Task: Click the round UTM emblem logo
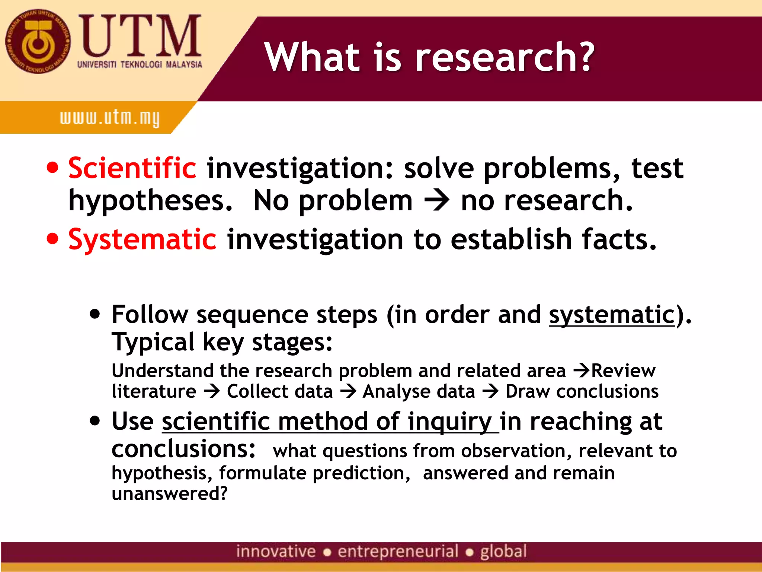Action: [38, 41]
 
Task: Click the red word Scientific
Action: [132, 168]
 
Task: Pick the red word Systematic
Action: [142, 239]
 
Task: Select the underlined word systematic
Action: [612, 315]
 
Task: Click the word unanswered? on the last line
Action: [169, 493]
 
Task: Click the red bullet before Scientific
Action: [53, 168]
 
